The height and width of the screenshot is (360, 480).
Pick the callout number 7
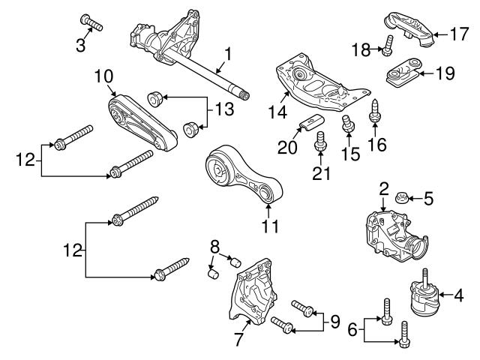tap(238, 339)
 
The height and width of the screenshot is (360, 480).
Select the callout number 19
tap(445, 73)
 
